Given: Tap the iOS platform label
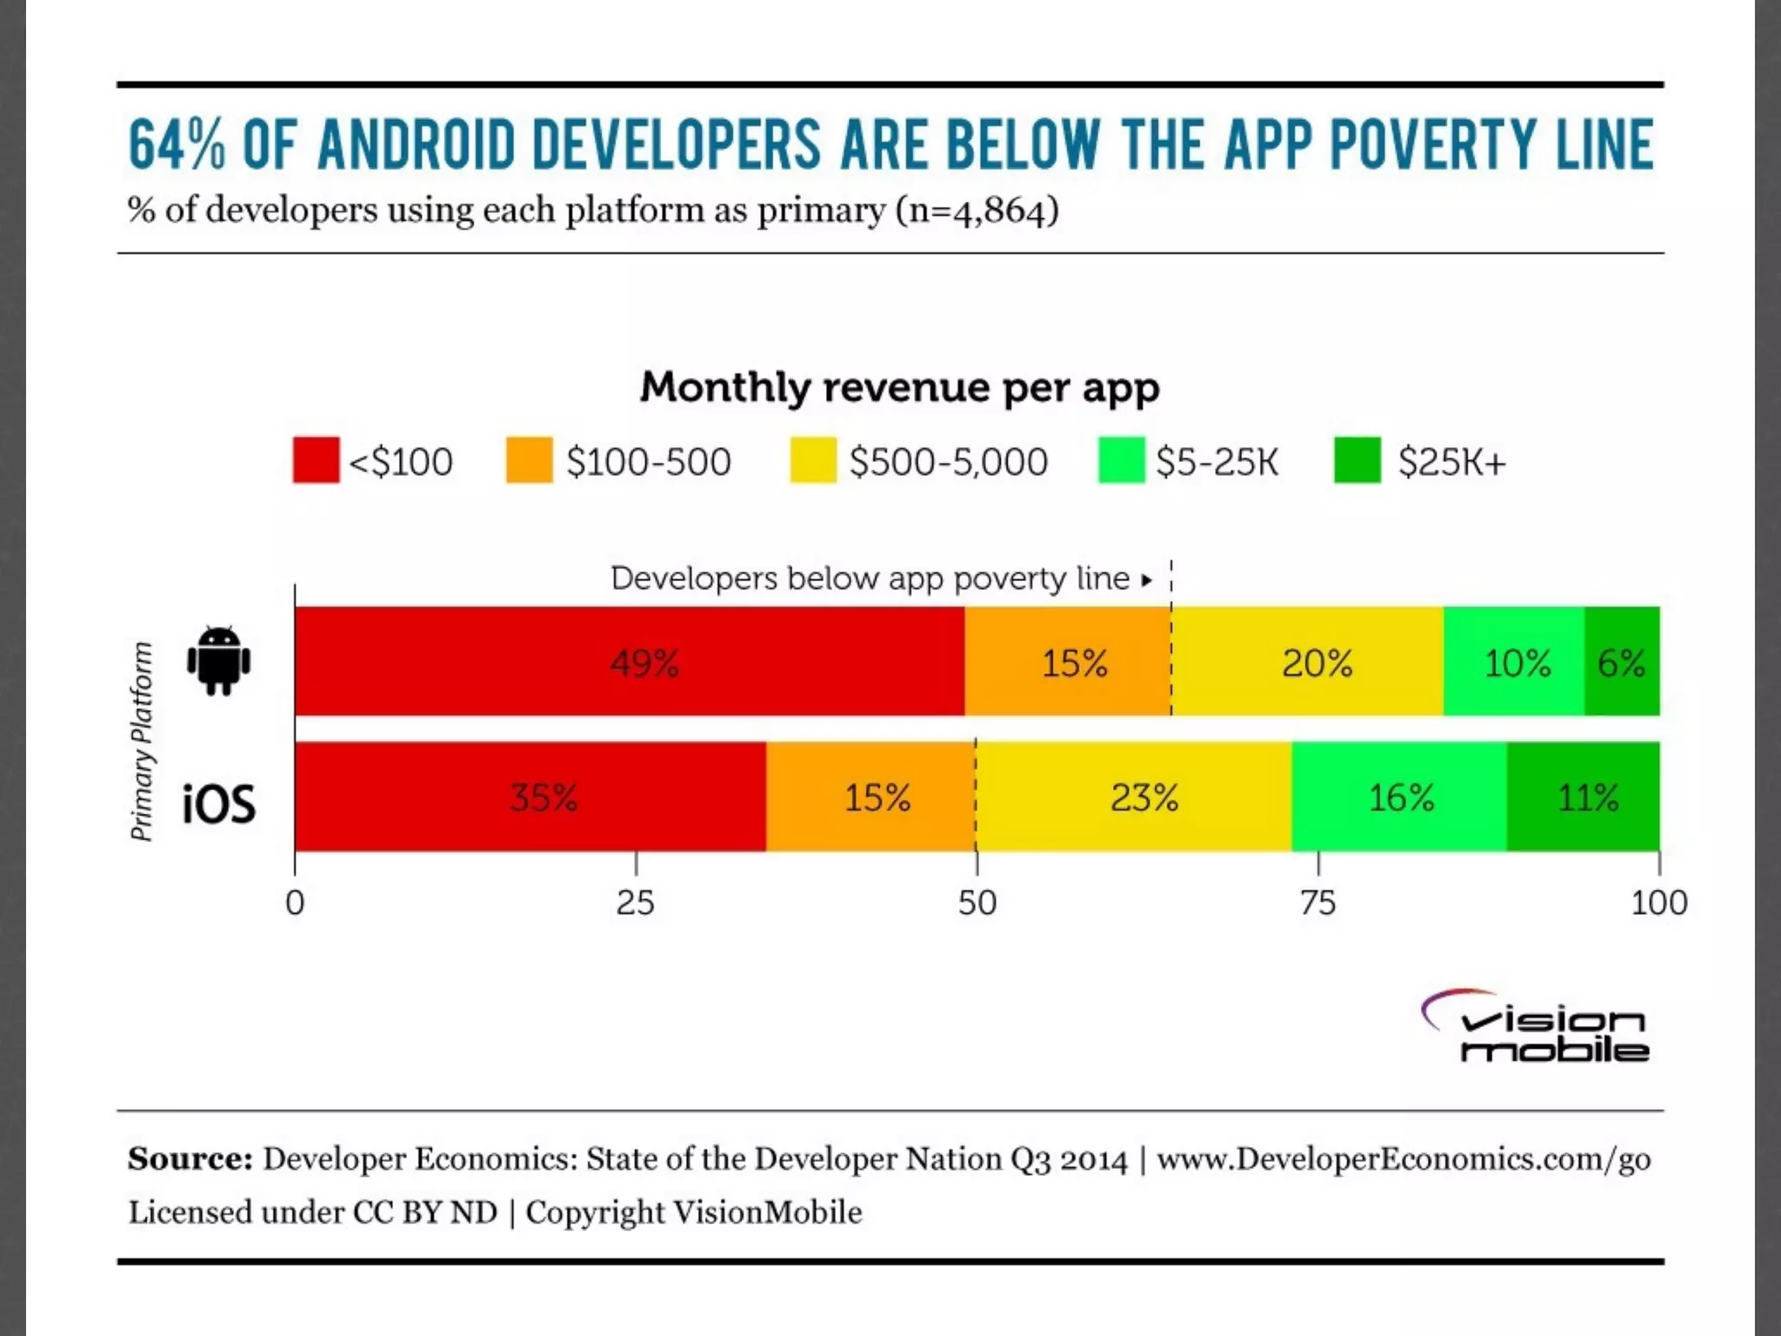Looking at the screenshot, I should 219,803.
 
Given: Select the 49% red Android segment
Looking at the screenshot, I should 630,662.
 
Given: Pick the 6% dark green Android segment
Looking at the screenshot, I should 1622,662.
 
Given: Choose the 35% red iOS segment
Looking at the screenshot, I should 530,797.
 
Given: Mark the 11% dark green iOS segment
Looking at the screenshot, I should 1584,797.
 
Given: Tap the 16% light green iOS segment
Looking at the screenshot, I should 1399,797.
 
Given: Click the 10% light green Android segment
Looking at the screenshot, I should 1514,662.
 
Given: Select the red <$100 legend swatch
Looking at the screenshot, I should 316,460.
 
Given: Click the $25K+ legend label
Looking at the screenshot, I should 1451,462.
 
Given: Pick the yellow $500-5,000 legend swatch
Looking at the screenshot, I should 812,460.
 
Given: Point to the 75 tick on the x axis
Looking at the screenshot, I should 1318,903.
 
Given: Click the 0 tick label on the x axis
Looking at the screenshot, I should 295,903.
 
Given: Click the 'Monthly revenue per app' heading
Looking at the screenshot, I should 899,387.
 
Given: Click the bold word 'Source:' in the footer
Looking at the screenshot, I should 190,1159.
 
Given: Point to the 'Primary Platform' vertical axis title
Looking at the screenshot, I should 142,741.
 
